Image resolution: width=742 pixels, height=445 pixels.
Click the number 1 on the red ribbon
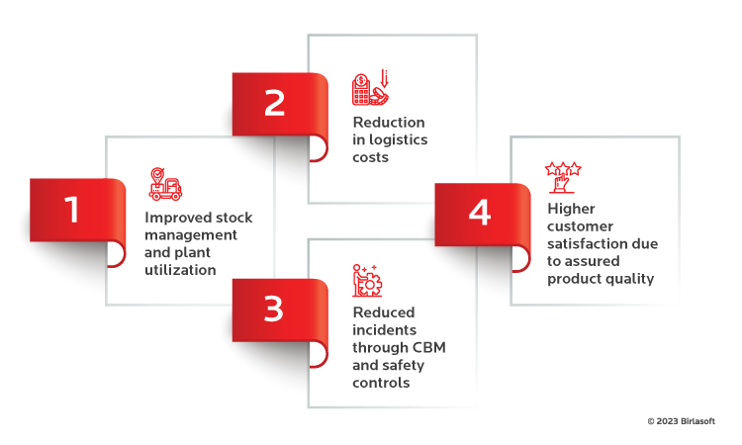71,211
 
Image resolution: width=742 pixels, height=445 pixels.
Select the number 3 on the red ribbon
274,311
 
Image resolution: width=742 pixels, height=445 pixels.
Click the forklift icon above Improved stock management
166,184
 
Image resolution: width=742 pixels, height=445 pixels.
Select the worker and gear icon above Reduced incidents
367,281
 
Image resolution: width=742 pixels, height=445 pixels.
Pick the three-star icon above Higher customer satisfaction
564,177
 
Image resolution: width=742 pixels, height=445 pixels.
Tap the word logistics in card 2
400,139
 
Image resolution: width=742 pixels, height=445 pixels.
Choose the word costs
371,156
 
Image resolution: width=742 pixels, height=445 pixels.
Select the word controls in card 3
381,382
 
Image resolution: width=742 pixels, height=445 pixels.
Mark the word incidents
385,329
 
